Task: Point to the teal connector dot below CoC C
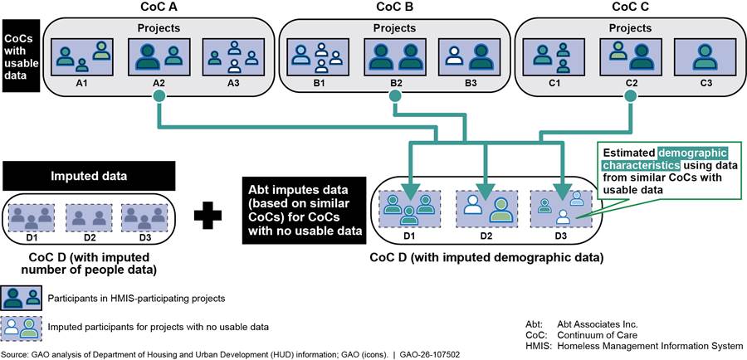(631, 98)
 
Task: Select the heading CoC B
(393, 7)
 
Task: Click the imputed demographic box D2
(486, 209)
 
